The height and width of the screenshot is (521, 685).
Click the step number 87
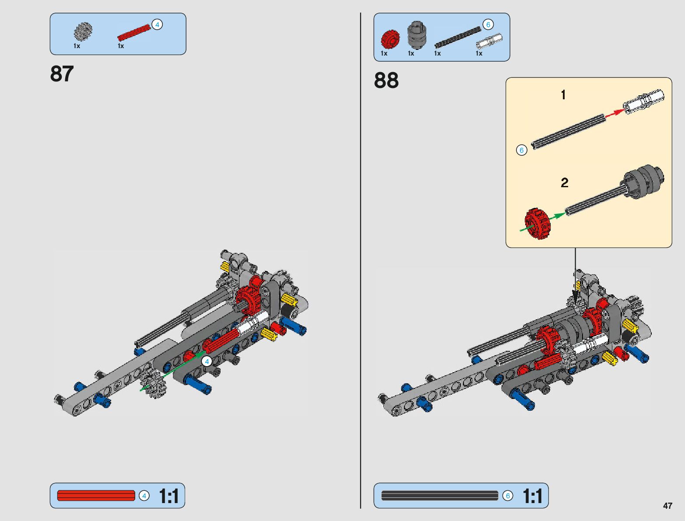point(62,74)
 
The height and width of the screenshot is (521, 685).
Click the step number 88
point(386,80)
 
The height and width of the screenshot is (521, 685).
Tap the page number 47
point(667,506)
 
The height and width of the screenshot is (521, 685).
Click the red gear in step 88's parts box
point(390,39)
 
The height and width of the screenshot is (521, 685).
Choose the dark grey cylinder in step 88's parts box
point(416,35)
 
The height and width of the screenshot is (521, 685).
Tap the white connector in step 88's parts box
point(489,41)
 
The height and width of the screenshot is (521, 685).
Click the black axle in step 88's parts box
point(457,37)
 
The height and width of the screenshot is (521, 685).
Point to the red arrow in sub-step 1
point(614,113)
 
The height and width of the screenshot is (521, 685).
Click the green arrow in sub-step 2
point(557,216)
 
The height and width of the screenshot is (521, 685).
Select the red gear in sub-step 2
point(537,223)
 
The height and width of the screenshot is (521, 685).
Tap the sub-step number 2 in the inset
point(564,182)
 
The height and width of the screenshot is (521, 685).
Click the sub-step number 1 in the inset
point(563,94)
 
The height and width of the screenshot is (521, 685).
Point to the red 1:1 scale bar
point(96,496)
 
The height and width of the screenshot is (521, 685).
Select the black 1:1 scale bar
point(439,496)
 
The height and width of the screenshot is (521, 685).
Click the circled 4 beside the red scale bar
point(144,496)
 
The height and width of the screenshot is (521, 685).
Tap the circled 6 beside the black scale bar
point(507,496)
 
